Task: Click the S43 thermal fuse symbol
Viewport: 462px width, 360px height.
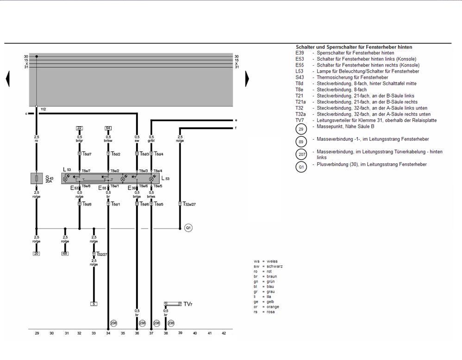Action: point(36,179)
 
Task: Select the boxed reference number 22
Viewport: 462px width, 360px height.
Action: point(80,128)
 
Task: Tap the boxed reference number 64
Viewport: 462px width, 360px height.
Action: point(108,128)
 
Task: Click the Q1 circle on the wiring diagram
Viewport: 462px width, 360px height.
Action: point(188,228)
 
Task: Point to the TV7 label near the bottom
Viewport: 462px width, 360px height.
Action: point(187,304)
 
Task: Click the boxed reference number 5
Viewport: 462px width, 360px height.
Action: point(94,304)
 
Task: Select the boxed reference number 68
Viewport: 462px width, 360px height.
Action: point(65,254)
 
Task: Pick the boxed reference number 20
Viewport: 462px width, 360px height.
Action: point(36,254)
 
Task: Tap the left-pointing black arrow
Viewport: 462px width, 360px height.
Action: point(7,79)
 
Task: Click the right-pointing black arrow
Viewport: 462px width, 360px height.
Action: point(247,79)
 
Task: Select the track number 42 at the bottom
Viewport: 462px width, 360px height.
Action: point(224,333)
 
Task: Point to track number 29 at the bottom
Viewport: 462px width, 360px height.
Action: point(37,333)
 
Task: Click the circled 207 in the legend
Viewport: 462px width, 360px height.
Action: point(302,155)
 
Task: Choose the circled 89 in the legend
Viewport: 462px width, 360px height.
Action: point(302,141)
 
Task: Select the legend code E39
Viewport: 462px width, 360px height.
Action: point(300,53)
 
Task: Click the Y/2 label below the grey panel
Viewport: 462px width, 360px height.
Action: point(44,109)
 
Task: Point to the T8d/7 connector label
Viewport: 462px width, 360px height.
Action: point(87,154)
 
